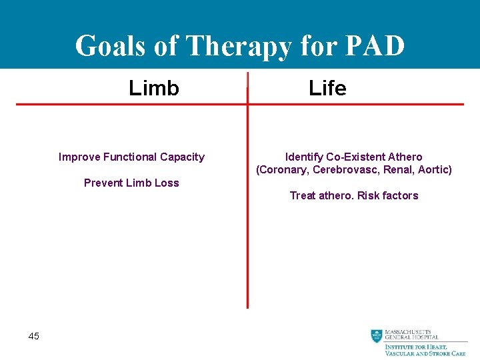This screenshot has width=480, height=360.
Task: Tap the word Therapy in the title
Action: [239, 46]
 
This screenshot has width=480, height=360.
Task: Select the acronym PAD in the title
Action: [375, 46]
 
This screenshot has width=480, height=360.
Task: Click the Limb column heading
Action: [154, 88]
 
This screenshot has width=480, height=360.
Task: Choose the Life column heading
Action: [327, 88]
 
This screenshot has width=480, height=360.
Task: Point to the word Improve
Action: [79, 157]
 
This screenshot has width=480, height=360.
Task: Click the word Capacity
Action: [182, 157]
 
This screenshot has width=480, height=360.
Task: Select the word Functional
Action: [130, 157]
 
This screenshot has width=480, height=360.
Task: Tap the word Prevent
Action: [104, 183]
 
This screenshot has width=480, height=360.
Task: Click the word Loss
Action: [167, 183]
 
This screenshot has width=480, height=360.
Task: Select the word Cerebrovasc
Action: [340, 170]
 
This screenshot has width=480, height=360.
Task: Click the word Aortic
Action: [433, 170]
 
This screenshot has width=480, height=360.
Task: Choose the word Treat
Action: [302, 195]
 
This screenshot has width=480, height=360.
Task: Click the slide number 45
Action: [34, 336]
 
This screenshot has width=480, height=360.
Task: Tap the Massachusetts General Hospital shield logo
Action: [377, 336]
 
